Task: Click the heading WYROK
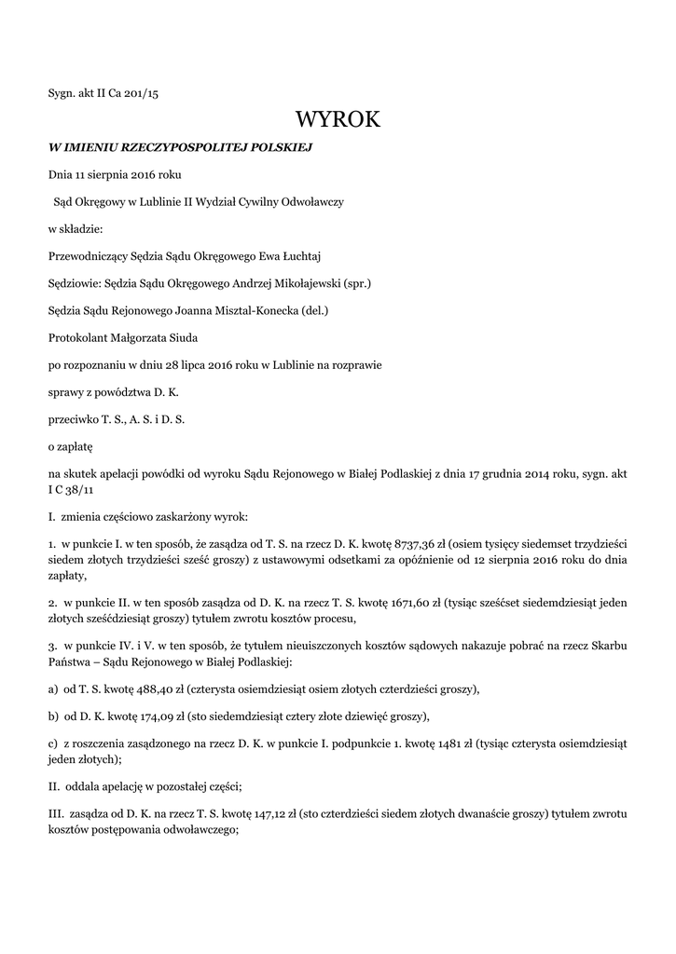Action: click(x=338, y=120)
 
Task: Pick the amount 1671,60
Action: click(x=403, y=605)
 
